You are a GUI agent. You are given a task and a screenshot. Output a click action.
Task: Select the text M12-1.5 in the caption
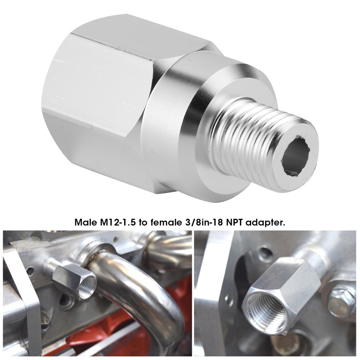[119, 222]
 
